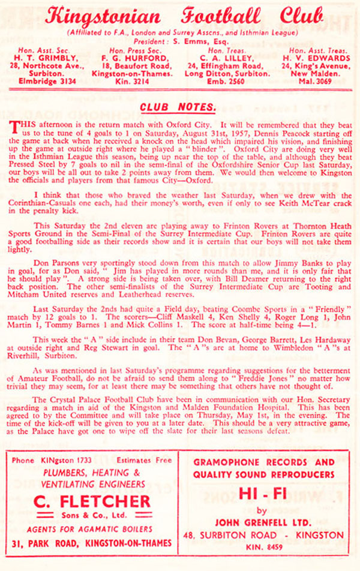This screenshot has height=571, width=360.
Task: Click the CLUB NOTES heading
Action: coord(177,107)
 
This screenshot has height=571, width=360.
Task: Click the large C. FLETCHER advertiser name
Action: coord(92,501)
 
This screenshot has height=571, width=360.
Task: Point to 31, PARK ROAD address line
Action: coord(92,543)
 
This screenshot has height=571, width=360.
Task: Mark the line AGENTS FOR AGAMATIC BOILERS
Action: coord(92,529)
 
